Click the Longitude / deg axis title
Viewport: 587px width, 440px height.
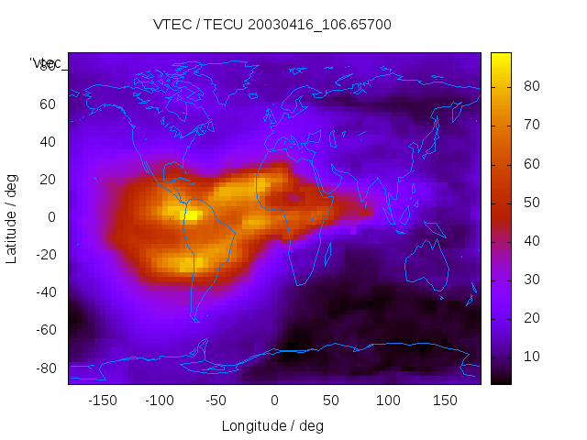click(272, 425)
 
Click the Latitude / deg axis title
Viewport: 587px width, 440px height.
click(12, 216)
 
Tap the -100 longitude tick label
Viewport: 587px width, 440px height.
click(159, 401)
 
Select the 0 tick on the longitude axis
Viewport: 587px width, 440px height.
click(273, 401)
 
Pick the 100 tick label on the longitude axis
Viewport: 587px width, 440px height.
click(388, 401)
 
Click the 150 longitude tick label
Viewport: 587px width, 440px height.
click(445, 401)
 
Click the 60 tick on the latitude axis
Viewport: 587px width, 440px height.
click(48, 104)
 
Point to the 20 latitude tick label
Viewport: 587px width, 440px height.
click(48, 179)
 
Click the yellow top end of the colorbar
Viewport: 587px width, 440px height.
click(501, 57)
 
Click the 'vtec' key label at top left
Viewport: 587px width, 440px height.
click(46, 63)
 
